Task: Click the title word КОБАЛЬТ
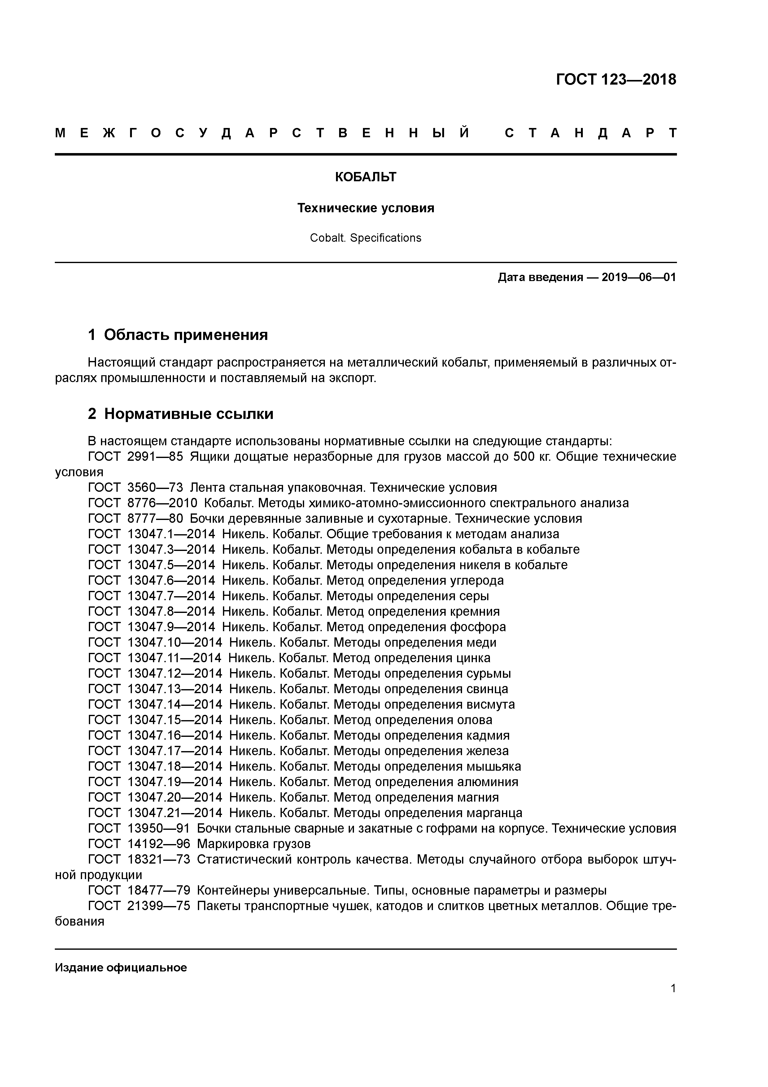click(x=365, y=177)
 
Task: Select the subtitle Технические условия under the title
click(x=365, y=208)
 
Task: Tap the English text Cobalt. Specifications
click(x=365, y=238)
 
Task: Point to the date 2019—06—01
click(x=639, y=277)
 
